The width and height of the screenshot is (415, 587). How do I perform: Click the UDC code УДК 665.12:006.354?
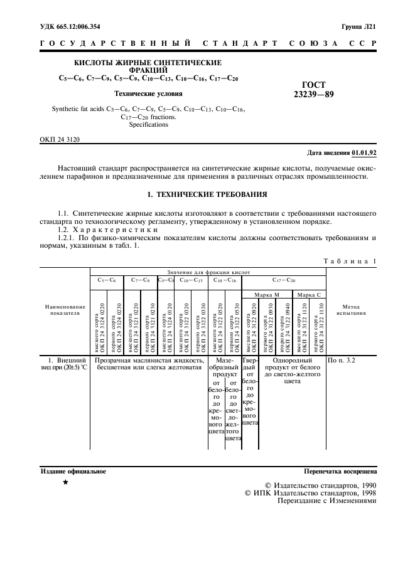point(70,26)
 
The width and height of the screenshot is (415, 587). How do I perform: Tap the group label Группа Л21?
point(358,26)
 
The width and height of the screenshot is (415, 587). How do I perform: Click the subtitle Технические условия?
point(148,94)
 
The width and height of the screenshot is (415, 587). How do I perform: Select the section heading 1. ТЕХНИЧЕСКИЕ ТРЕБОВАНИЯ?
point(207,195)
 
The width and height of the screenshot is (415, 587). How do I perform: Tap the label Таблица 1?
point(349,260)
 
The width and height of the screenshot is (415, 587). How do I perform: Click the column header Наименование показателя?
point(63,310)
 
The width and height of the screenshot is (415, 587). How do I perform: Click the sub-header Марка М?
point(267,293)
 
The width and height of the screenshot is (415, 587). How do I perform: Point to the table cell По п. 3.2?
point(342,361)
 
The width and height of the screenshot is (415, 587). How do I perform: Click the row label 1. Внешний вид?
point(63,365)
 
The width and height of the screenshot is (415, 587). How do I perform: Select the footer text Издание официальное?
point(73,470)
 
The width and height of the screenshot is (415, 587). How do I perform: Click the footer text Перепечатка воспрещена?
point(340,470)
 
